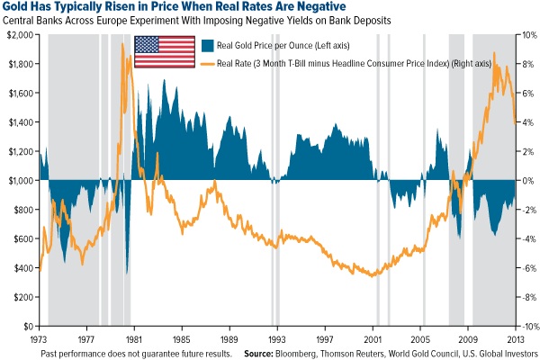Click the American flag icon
164,50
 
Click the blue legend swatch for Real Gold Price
207,44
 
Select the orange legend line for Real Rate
207,62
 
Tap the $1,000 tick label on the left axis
19,180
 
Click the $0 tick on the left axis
28,326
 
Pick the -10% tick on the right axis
526,326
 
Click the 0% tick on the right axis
530,180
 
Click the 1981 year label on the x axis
134,340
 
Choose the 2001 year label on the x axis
373,340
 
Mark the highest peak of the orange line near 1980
122,44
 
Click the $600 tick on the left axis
22,238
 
